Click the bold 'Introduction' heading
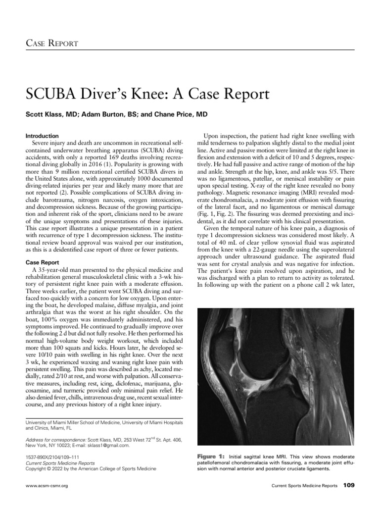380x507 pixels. pos(42,136)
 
